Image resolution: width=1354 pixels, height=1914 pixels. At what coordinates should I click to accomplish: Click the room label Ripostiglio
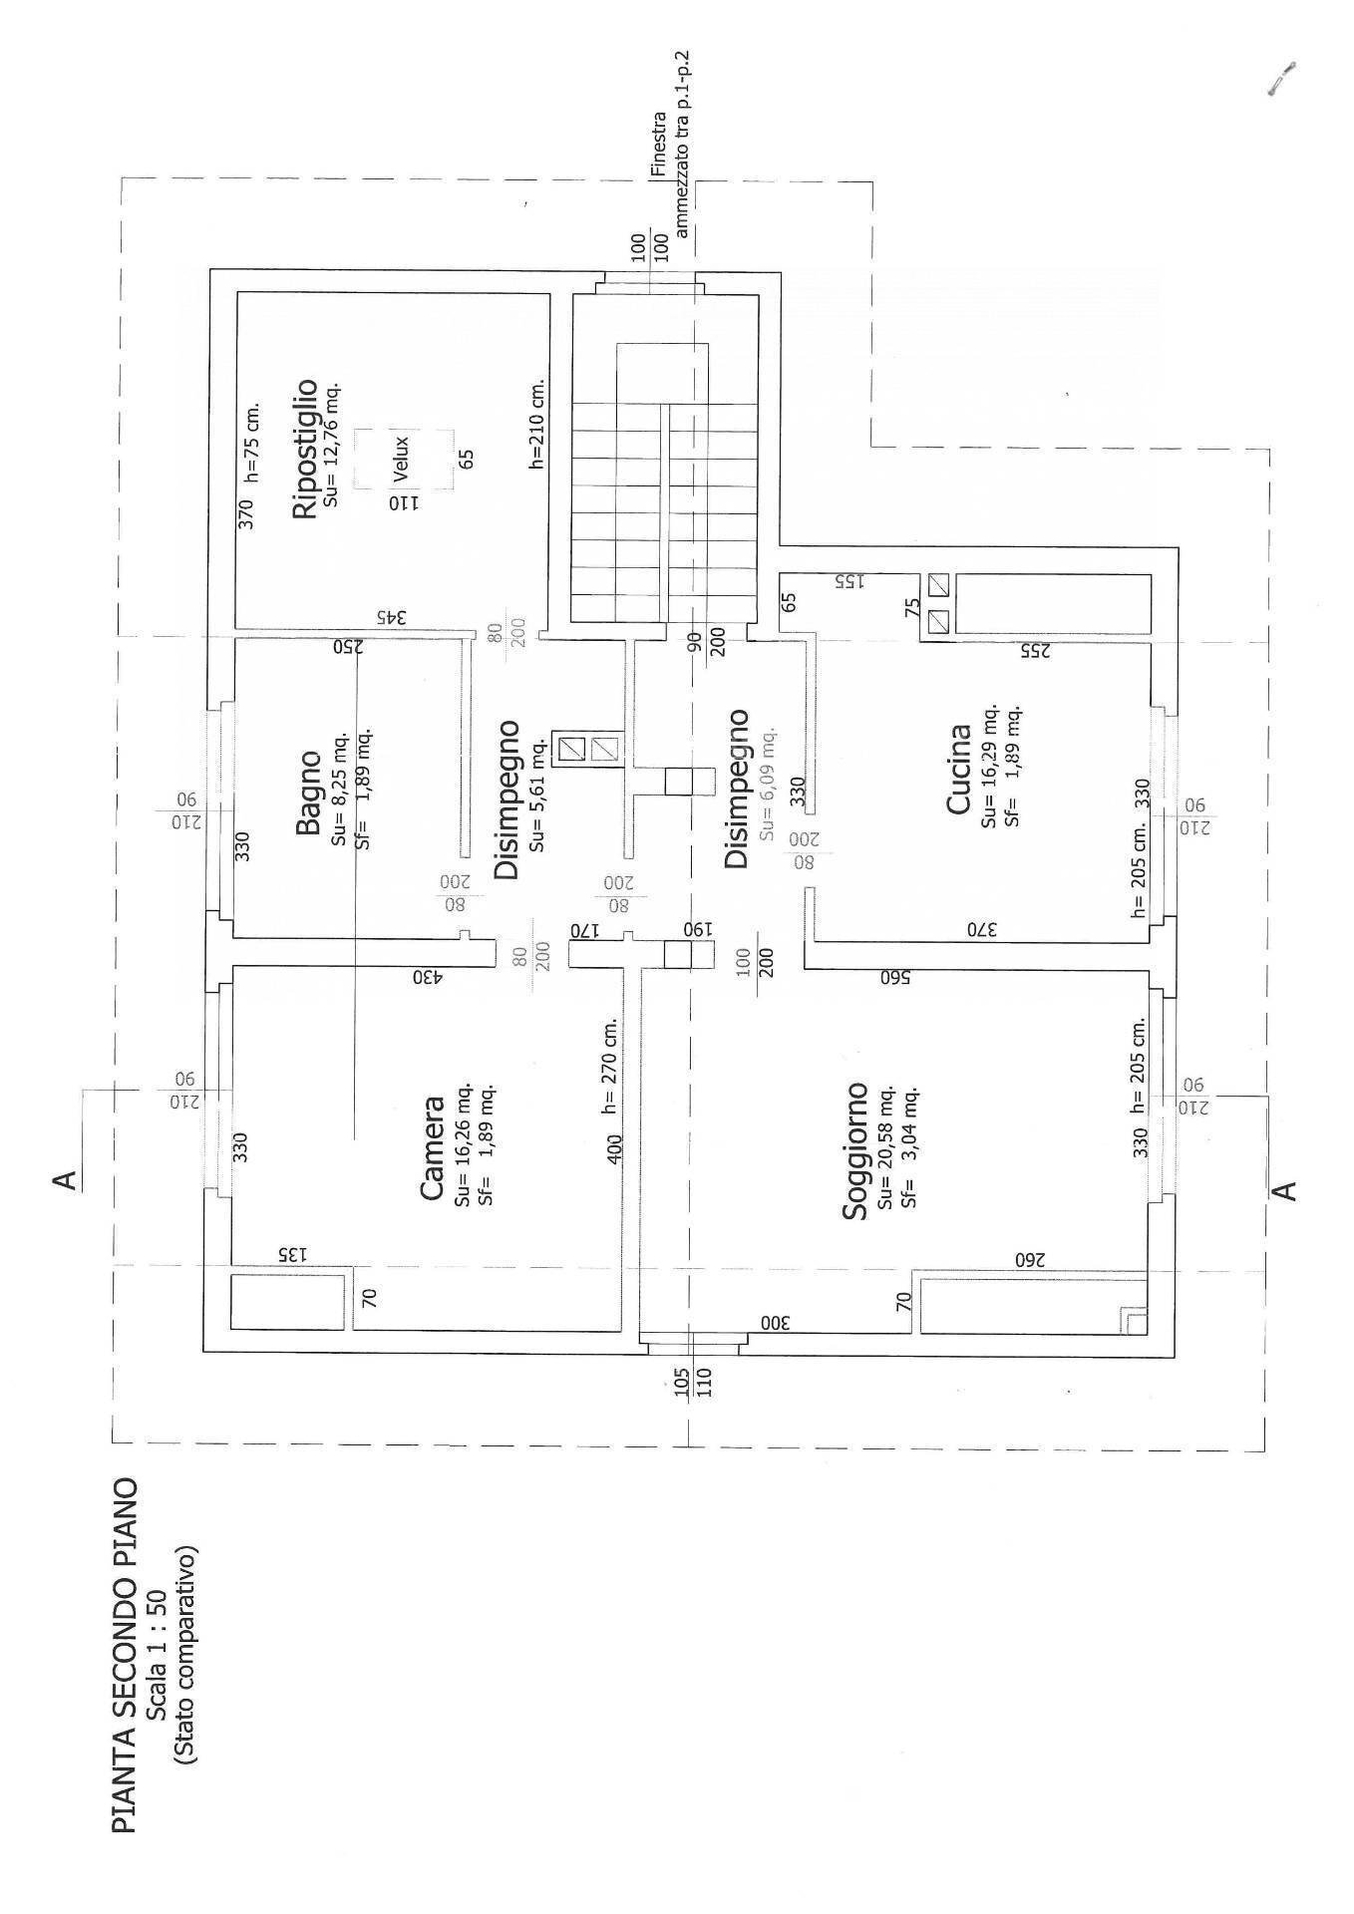pyautogui.click(x=305, y=449)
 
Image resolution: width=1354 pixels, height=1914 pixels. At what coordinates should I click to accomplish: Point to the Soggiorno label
pyautogui.click(x=855, y=1150)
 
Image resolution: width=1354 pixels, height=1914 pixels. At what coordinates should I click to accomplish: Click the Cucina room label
pyautogui.click(x=959, y=769)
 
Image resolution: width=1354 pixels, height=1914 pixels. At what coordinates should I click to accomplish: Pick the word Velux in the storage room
pyautogui.click(x=402, y=458)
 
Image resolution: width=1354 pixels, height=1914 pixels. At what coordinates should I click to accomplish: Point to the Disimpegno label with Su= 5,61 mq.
pyautogui.click(x=508, y=799)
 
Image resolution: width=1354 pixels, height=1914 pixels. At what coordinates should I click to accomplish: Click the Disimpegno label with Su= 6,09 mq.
pyautogui.click(x=736, y=788)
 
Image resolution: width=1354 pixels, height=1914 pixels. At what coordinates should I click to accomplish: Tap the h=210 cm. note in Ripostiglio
pyautogui.click(x=537, y=423)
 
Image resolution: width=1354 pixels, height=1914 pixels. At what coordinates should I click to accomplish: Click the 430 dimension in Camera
pyautogui.click(x=426, y=977)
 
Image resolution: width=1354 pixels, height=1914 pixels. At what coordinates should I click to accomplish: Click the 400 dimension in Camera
pyautogui.click(x=614, y=1147)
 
